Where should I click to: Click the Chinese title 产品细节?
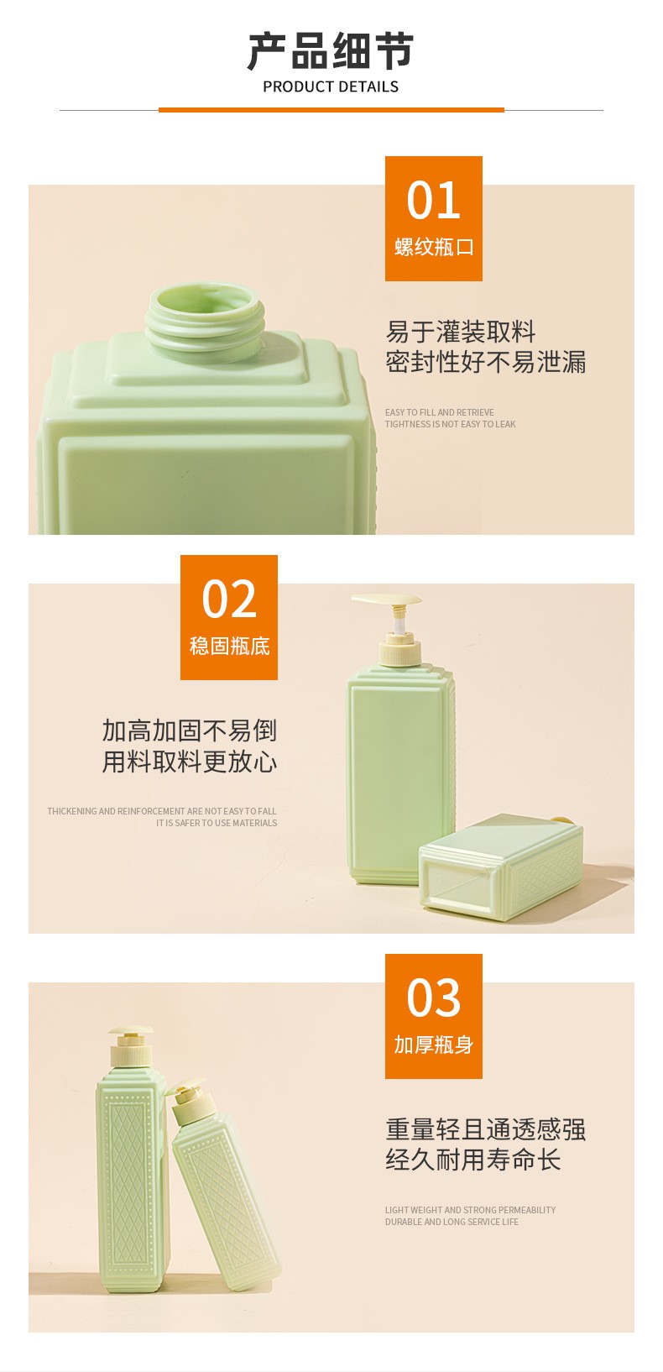(x=331, y=51)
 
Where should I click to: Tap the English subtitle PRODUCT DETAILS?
(x=331, y=87)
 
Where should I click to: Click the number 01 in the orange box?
(x=433, y=200)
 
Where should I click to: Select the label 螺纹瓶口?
(x=434, y=247)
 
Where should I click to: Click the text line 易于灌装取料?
(x=461, y=332)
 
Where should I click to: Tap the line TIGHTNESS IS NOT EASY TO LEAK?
(x=450, y=424)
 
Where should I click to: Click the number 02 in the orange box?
(x=229, y=599)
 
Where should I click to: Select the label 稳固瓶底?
(x=230, y=647)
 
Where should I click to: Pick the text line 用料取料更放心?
(x=190, y=762)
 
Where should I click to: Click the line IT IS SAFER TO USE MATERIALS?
(x=217, y=823)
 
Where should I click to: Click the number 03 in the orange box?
(x=433, y=998)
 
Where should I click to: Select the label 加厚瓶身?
(x=434, y=1045)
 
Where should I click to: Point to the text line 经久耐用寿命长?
(x=473, y=1160)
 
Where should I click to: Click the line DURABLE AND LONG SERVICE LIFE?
(x=452, y=1222)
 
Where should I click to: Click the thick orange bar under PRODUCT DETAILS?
(x=331, y=110)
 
